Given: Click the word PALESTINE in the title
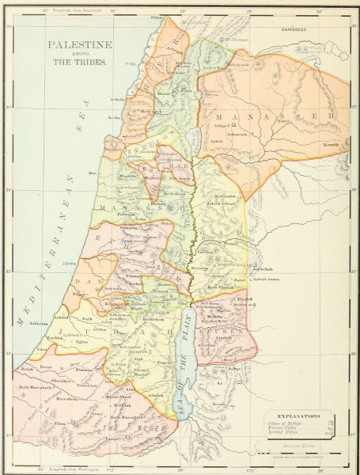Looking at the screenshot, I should click(x=78, y=47).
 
